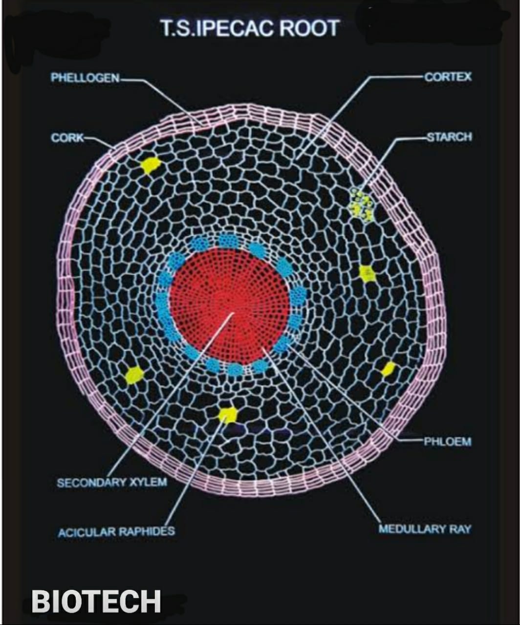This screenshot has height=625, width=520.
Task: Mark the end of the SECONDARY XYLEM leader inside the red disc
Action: click(233, 313)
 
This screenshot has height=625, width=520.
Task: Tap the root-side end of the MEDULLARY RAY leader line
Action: click(262, 348)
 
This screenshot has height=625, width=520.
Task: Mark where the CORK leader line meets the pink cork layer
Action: click(115, 148)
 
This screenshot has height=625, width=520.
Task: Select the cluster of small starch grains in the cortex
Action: click(362, 205)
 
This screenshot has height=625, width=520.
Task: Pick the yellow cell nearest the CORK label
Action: click(151, 165)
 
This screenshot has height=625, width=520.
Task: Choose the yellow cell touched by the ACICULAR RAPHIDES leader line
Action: click(228, 415)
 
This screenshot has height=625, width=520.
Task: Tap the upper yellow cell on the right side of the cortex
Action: click(367, 273)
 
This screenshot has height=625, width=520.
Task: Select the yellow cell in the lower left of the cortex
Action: click(134, 375)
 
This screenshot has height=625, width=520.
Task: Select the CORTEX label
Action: click(448, 77)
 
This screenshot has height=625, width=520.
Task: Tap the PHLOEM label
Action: click(448, 441)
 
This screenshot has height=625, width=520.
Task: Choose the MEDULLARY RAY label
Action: click(425, 529)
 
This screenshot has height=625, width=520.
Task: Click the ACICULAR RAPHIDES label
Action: click(116, 533)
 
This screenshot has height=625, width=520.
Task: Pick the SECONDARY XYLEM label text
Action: click(112, 482)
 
